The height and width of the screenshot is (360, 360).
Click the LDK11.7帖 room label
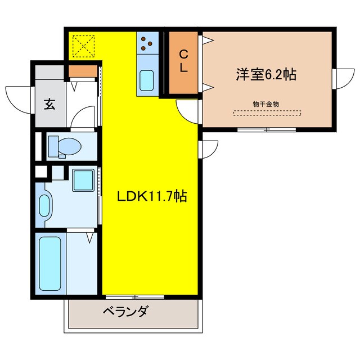click(x=152, y=196)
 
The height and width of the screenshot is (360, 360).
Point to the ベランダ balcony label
click(x=126, y=310)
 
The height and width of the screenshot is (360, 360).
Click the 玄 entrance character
click(x=49, y=103)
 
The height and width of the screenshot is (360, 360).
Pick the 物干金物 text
click(x=267, y=103)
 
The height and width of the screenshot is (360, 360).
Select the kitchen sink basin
click(x=147, y=80)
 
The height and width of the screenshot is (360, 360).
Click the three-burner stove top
click(x=147, y=42)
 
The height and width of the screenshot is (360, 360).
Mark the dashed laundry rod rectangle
click(x=267, y=112)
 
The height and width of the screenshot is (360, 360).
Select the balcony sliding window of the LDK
click(x=134, y=296)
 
